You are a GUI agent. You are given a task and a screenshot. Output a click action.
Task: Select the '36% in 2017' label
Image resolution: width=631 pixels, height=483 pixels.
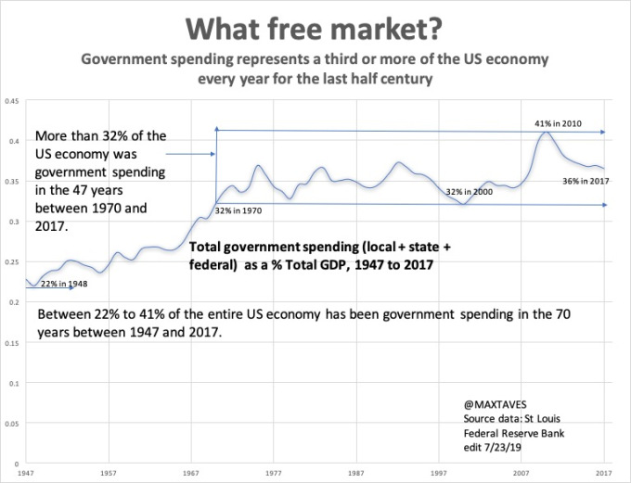pyautogui.click(x=585, y=181)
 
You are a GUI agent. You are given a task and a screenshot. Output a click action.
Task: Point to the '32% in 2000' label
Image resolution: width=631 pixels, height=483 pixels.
pyautogui.click(x=466, y=192)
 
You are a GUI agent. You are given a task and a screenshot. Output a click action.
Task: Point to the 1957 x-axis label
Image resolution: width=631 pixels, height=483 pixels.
pyautogui.click(x=109, y=473)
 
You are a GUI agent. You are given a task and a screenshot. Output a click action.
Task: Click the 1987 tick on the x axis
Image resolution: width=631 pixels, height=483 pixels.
pyautogui.click(x=357, y=473)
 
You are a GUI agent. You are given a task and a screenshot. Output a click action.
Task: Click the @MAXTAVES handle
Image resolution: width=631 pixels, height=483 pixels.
pyautogui.click(x=493, y=405)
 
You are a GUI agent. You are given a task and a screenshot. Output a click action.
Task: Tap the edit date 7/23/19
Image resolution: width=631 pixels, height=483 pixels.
pyautogui.click(x=490, y=444)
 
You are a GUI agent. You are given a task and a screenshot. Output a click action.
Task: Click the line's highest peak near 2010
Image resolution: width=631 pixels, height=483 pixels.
pyautogui.click(x=547, y=133)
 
